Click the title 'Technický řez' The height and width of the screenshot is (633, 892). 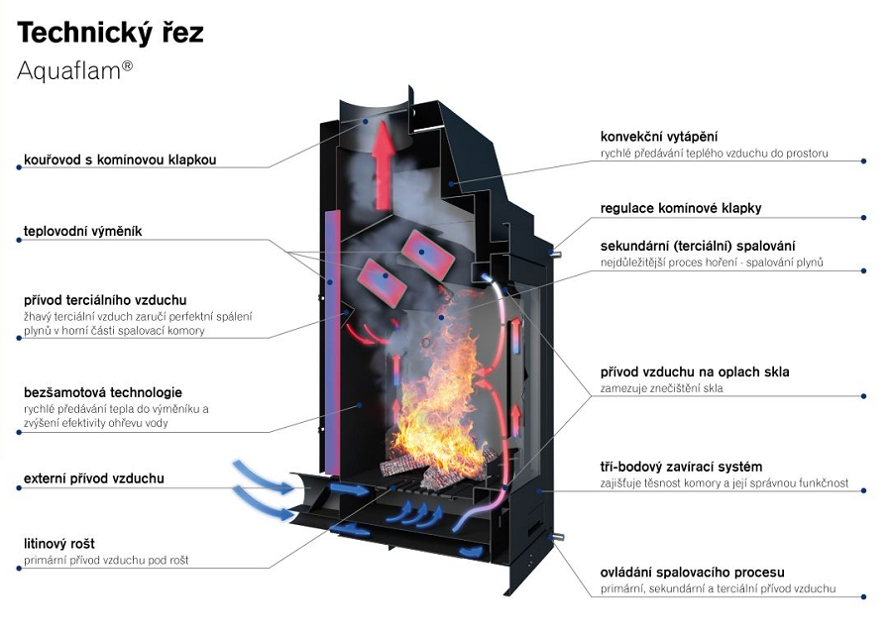(110, 33)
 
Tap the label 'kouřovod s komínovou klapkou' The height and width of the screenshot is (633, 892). (120, 159)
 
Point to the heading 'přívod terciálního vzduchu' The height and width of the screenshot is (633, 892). (105, 300)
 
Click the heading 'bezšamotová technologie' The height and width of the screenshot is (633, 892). (103, 393)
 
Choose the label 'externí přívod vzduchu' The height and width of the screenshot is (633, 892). (94, 479)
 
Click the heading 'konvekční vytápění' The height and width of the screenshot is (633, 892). (659, 137)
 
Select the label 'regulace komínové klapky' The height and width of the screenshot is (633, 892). (681, 209)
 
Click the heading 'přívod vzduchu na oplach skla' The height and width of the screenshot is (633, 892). (695, 372)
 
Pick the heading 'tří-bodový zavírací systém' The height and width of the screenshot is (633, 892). (681, 467)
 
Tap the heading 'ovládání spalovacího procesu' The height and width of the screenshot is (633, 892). (692, 573)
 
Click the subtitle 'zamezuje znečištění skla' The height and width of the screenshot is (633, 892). (661, 388)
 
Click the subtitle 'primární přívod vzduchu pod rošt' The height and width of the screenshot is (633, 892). (106, 561)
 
